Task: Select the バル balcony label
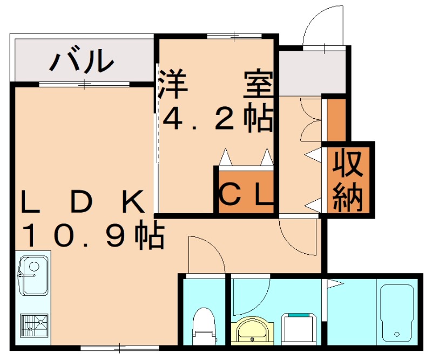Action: pos(82,61)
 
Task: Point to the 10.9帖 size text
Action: pos(92,236)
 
